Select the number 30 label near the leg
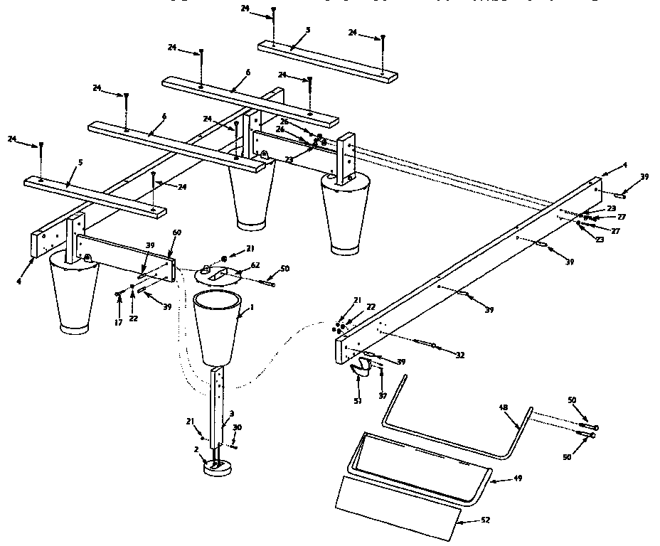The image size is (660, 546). point(238,428)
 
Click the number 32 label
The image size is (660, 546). point(461,355)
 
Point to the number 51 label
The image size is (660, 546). point(358,401)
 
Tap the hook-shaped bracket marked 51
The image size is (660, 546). point(362,368)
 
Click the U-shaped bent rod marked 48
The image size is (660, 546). point(455,434)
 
